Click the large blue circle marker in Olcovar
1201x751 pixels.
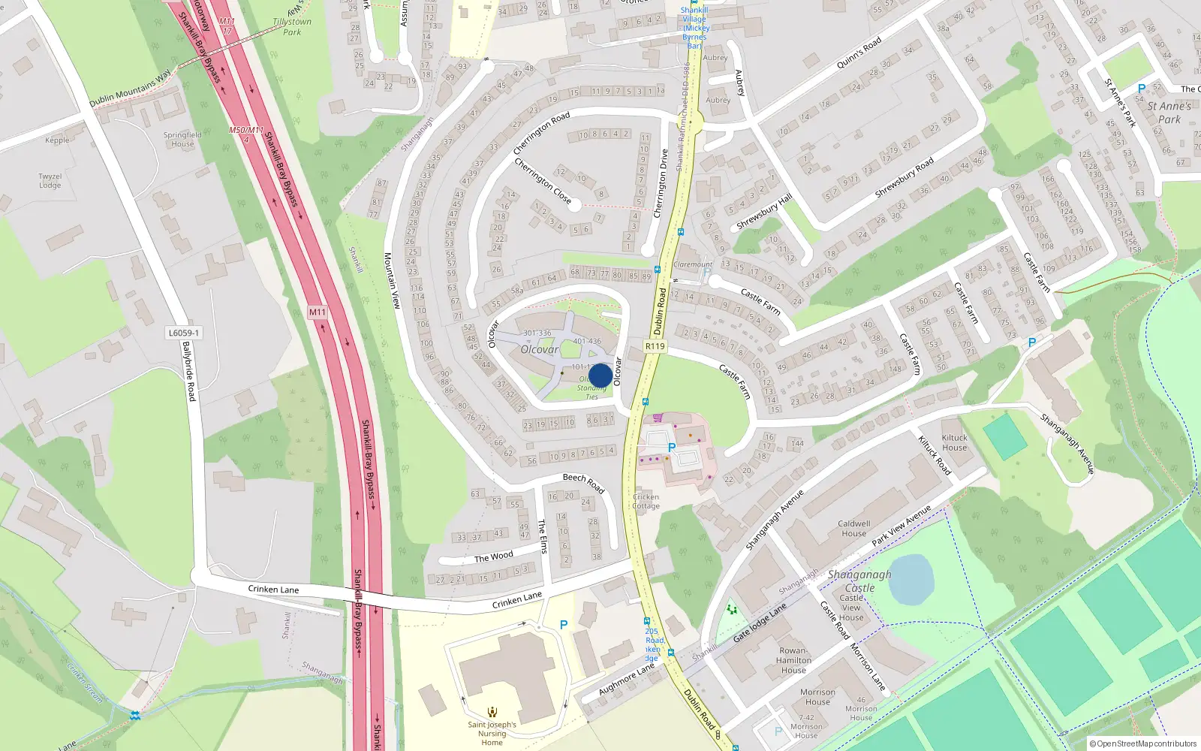point(600,375)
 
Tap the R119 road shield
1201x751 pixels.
point(655,346)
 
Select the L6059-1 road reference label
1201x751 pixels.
point(184,333)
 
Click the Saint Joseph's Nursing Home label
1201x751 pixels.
point(492,733)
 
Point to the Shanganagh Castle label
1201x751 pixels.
point(859,581)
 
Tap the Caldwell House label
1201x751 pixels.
point(853,529)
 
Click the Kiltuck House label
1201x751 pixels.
point(954,442)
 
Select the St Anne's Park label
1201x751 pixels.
point(1169,113)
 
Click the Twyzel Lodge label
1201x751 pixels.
point(50,181)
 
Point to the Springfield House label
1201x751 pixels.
point(182,140)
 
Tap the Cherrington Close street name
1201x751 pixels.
point(543,181)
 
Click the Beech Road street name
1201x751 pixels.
point(583,483)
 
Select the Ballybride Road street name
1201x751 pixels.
point(188,371)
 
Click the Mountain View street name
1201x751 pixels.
point(392,280)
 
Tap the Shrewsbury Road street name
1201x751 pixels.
point(904,178)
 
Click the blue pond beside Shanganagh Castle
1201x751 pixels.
point(911,579)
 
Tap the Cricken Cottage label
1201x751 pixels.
point(646,501)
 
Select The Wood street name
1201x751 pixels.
point(493,557)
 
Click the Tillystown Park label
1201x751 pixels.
point(292,27)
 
